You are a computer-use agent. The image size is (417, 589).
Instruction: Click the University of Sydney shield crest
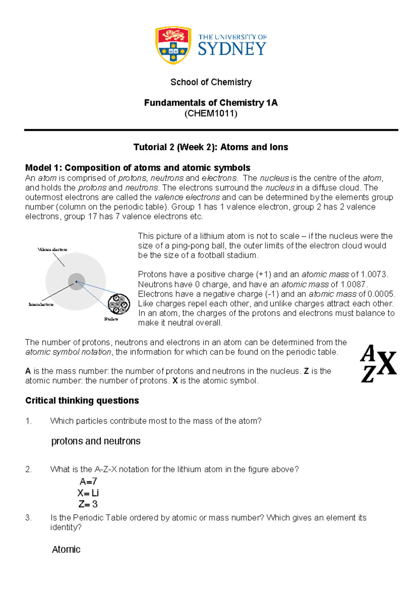coord(173,45)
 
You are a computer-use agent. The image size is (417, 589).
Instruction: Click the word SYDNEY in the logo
coord(232,49)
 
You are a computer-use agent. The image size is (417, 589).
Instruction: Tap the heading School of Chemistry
coord(211,82)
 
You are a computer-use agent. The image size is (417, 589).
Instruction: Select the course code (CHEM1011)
coord(211,114)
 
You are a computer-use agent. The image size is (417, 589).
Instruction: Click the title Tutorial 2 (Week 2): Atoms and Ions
coord(211,147)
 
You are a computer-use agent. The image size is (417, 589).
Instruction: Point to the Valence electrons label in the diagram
coord(52,250)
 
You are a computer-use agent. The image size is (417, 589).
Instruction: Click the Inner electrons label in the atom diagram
coord(41,305)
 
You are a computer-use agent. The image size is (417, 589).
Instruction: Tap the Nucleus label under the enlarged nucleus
coord(111,319)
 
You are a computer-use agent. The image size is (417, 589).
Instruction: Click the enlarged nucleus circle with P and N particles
coord(118,304)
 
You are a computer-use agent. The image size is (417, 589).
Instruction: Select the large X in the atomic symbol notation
coord(386,364)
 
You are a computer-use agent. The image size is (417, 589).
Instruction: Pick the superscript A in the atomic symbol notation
coord(368,353)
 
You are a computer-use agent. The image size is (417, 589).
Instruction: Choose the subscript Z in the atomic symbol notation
coord(368,375)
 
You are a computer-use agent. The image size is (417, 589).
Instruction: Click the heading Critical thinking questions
coord(82,401)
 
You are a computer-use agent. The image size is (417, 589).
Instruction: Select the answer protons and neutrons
coord(96,441)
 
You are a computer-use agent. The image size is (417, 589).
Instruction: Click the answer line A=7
coord(88,482)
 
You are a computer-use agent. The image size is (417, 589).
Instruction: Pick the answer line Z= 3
coord(88,504)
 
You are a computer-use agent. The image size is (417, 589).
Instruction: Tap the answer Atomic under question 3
coord(66,550)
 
